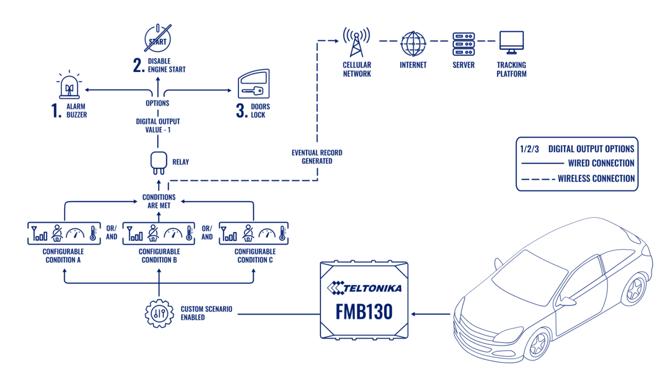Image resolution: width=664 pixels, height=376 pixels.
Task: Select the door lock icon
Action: (x=253, y=85)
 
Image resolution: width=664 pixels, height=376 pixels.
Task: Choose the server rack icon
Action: (x=463, y=43)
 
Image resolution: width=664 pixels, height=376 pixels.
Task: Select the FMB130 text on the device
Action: (x=364, y=312)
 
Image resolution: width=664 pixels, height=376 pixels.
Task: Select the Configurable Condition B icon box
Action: (x=159, y=233)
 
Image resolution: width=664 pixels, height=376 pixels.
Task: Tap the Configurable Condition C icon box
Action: (x=253, y=233)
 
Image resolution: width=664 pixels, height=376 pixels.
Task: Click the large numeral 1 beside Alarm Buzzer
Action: (x=56, y=111)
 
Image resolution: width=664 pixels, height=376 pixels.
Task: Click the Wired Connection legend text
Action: (x=600, y=164)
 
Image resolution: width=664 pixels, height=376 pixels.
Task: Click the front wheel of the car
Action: (x=536, y=343)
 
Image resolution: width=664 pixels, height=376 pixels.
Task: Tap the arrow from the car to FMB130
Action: (x=432, y=315)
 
